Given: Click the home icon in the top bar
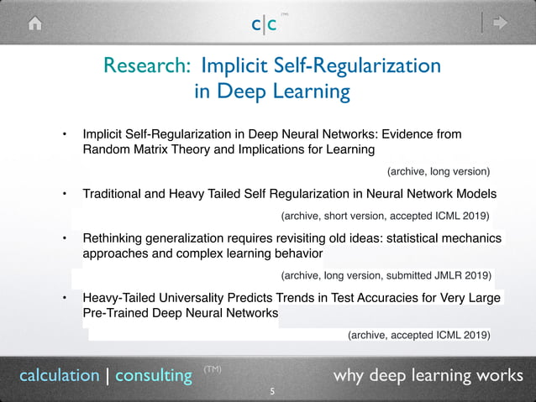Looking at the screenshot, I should [35, 23].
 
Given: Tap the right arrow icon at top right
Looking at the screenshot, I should [501, 23].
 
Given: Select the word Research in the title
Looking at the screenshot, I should [138, 65].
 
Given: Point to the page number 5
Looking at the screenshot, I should [271, 392].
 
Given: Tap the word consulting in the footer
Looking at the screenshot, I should [154, 375].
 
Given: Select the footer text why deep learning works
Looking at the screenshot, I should [428, 375].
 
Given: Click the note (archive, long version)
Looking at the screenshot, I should [438, 171].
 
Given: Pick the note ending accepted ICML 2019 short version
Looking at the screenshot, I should [390, 215].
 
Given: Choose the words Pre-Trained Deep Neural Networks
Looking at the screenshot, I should [181, 313].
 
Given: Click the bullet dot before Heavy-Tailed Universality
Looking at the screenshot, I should [64, 297].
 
